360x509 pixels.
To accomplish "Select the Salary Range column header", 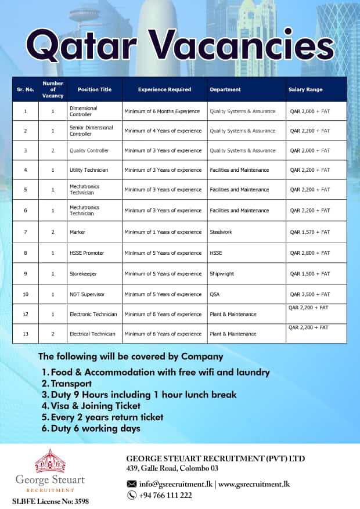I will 305,90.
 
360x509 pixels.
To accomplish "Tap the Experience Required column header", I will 164,90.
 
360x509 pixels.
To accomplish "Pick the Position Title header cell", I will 94,90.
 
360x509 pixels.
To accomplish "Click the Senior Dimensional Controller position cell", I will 91,131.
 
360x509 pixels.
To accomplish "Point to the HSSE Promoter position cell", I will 87,253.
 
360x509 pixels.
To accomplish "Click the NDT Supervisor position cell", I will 88,294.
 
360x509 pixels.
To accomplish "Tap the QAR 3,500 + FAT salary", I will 309,294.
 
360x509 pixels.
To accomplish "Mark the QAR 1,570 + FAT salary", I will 309,232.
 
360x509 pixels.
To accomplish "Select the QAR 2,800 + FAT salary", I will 309,253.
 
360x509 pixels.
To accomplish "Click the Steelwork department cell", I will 221,232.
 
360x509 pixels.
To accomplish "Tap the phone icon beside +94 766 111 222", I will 132,495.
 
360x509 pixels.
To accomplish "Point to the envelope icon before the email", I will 132,483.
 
